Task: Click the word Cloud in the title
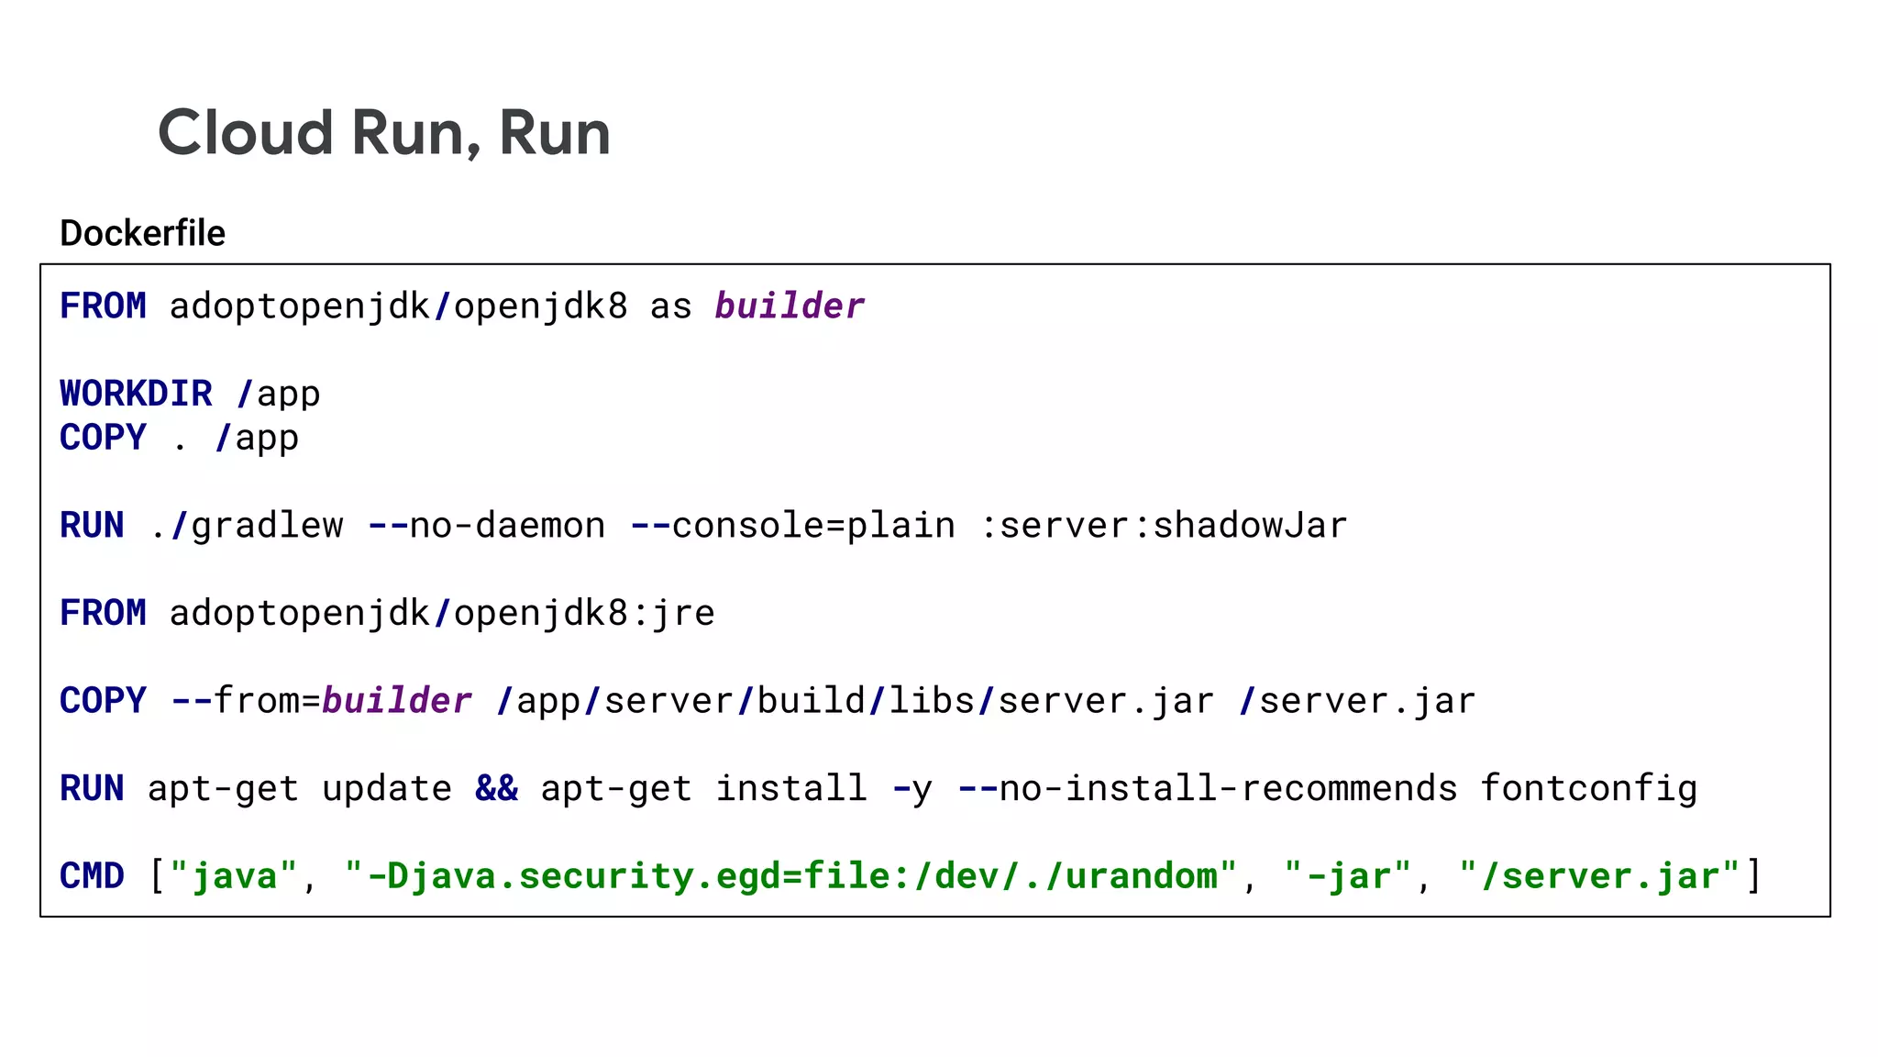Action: click(245, 133)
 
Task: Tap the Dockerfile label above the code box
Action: click(142, 233)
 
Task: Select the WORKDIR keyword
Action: click(136, 394)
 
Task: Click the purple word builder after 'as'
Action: click(790, 306)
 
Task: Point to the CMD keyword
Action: click(92, 876)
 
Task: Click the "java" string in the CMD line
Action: click(234, 876)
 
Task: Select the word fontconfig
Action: click(1588, 789)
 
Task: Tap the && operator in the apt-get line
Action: click(496, 789)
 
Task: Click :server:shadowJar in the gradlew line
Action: click(1164, 526)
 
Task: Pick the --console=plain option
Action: click(792, 526)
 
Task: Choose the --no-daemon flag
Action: click(486, 526)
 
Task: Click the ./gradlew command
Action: click(246, 526)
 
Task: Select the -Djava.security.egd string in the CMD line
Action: click(790, 876)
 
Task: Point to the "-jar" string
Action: click(1347, 876)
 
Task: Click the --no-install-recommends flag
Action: click(1207, 789)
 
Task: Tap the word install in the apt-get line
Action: click(790, 789)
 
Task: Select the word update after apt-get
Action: click(387, 789)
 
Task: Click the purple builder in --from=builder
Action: click(397, 701)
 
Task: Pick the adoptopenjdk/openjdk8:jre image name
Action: click(442, 613)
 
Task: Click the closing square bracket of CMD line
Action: click(1753, 876)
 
